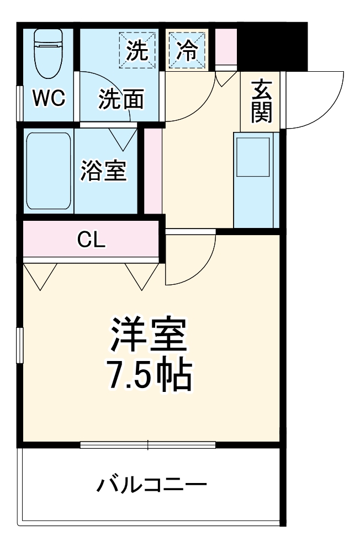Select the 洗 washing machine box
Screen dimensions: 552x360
(x=137, y=50)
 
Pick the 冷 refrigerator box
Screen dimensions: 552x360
(x=187, y=50)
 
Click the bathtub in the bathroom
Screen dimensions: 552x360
(x=49, y=171)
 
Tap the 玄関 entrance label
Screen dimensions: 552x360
(x=261, y=102)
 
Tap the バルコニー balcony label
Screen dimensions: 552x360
(x=152, y=485)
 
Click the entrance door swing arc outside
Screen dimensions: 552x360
(x=317, y=99)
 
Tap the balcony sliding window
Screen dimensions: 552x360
(x=147, y=445)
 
